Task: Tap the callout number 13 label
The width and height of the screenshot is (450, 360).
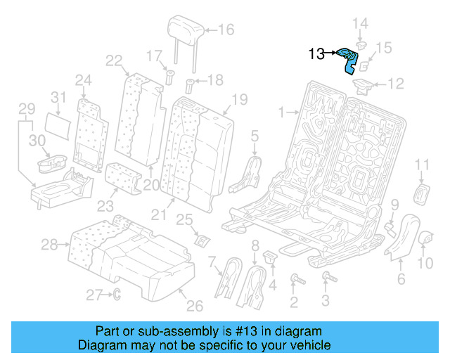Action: click(x=316, y=53)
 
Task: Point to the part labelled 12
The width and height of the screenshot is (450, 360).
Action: click(x=364, y=86)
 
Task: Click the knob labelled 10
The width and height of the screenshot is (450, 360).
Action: click(x=426, y=241)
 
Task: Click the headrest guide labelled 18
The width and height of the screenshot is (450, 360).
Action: click(x=189, y=88)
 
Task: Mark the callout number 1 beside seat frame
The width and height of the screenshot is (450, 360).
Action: click(x=281, y=112)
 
